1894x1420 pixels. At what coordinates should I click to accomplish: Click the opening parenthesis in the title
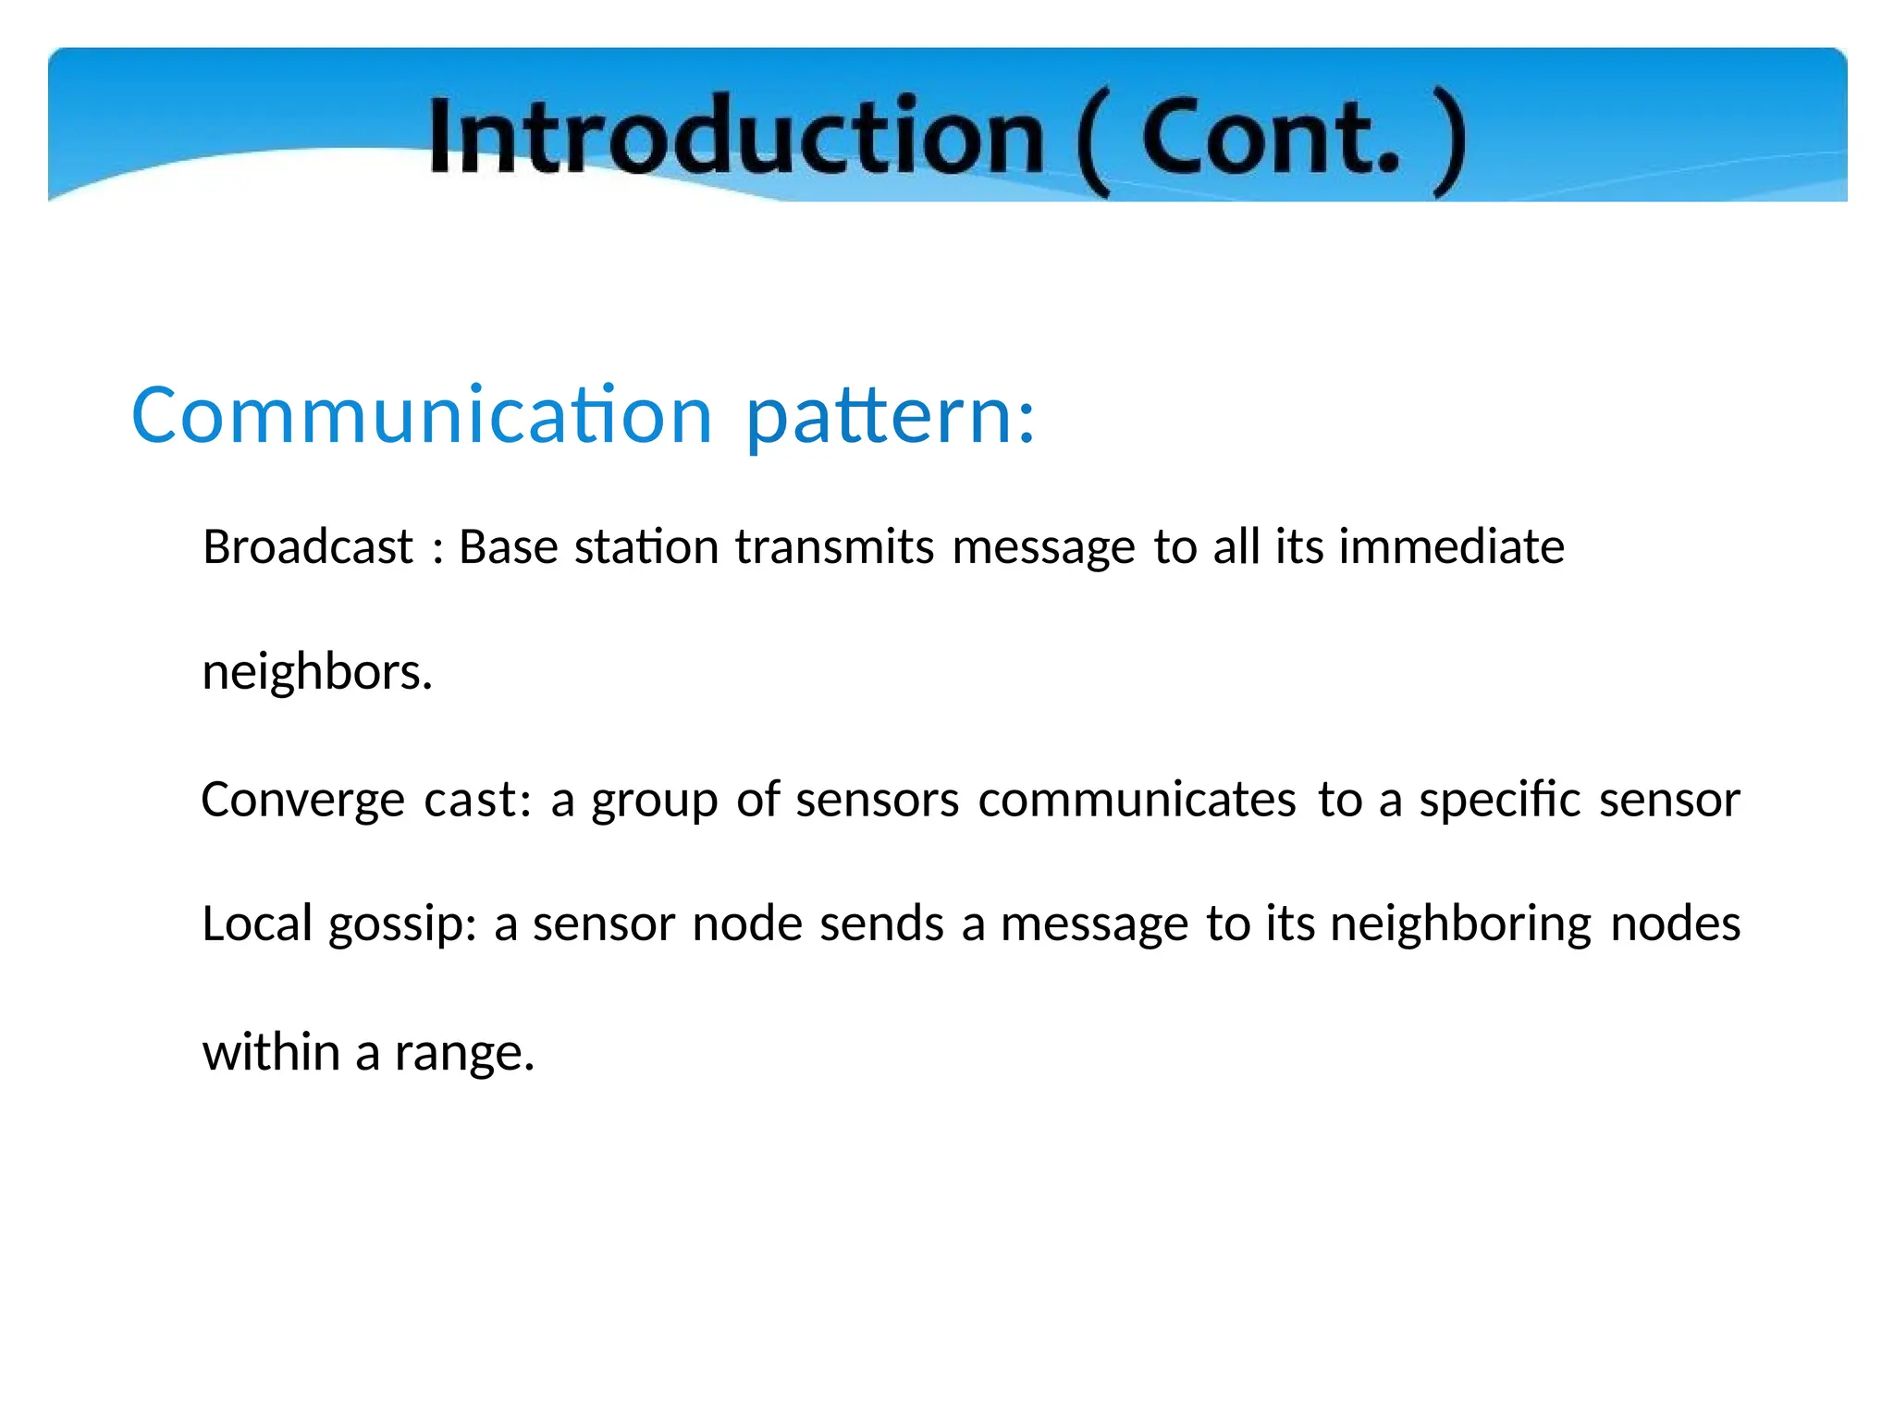1093,143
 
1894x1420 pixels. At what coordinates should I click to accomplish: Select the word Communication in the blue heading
422,415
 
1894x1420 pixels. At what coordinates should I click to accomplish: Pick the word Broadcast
307,546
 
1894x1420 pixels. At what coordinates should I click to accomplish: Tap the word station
646,546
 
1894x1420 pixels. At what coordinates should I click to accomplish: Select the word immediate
1451,546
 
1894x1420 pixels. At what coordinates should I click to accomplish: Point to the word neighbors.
317,672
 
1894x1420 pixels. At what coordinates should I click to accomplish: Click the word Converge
302,801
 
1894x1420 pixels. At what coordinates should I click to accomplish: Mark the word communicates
1137,800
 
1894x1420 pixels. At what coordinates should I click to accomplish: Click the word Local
257,924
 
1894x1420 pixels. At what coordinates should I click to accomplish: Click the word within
271,1052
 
